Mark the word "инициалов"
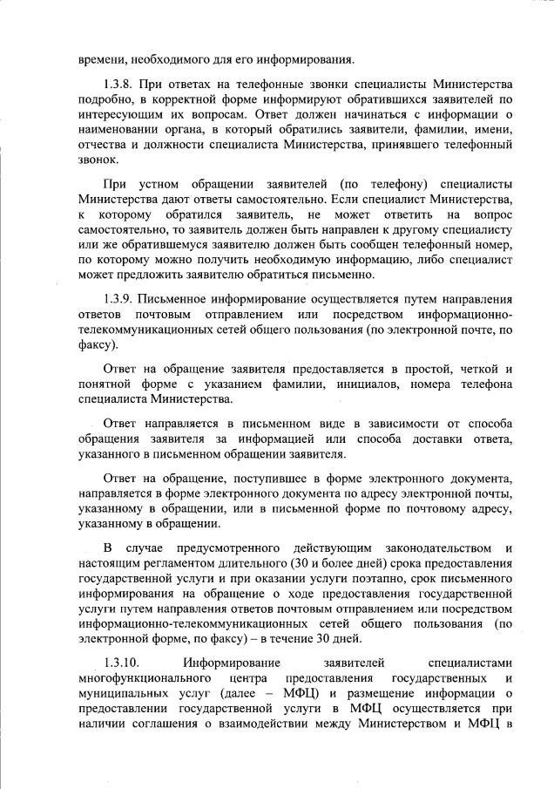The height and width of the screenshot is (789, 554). pos(324,384)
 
